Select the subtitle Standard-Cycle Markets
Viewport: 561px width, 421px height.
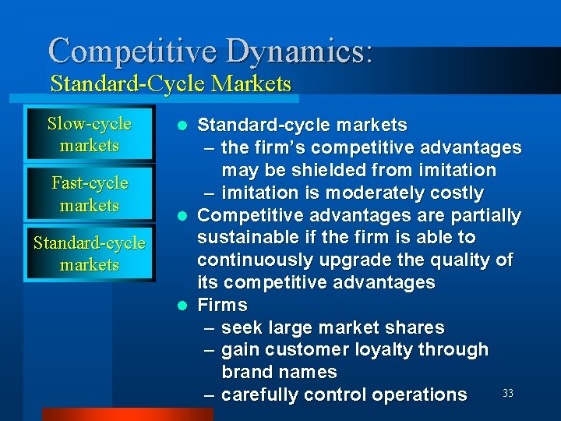tap(171, 83)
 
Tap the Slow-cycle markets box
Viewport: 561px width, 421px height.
tap(89, 134)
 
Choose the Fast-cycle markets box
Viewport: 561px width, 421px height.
tap(89, 194)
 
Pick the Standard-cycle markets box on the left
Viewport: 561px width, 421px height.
tap(89, 253)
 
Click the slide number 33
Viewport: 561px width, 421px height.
tap(508, 394)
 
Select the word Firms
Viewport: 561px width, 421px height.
tap(222, 305)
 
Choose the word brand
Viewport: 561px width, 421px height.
tap(247, 372)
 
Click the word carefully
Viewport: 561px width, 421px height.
tap(260, 394)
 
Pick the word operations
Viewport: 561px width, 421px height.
tap(419, 394)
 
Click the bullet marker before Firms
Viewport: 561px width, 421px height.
tap(182, 305)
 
